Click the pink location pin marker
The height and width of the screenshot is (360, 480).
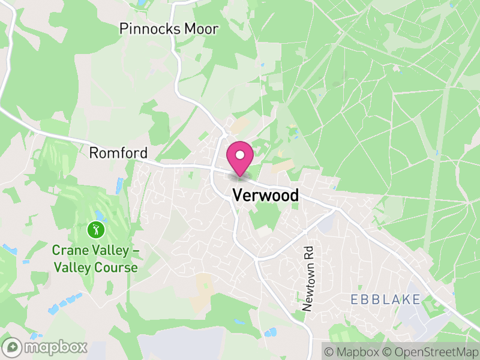click(x=240, y=160)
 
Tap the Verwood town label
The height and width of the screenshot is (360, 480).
click(x=265, y=195)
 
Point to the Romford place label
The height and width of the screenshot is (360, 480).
click(x=118, y=153)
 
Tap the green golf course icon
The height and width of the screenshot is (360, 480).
click(x=95, y=229)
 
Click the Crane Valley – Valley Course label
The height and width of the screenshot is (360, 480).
click(x=95, y=259)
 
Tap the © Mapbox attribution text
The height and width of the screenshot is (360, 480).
click(x=352, y=351)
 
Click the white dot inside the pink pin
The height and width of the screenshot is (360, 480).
click(x=240, y=155)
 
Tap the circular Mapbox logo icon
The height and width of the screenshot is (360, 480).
click(x=13, y=347)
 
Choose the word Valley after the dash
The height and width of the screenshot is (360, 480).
click(x=72, y=268)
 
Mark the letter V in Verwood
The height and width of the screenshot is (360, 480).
click(x=237, y=195)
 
